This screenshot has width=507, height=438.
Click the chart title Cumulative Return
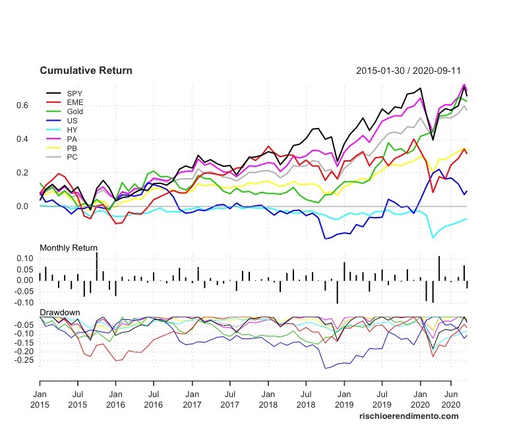pyautogui.click(x=86, y=71)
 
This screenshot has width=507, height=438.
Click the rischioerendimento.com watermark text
pyautogui.click(x=408, y=416)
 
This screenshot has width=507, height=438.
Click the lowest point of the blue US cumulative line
pyautogui.click(x=324, y=239)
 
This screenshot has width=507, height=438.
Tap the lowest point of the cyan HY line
pyautogui.click(x=433, y=237)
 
